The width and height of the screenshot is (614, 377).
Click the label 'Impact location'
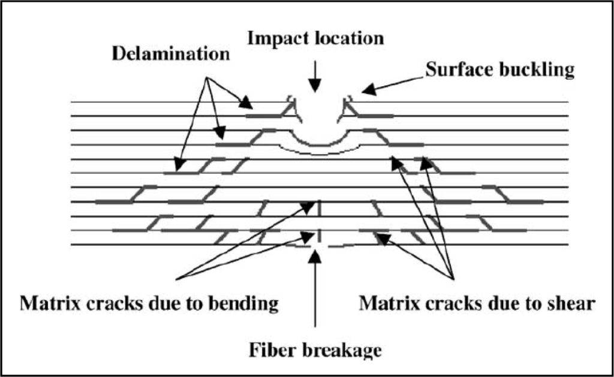click(x=316, y=38)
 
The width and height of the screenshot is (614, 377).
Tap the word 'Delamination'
click(x=171, y=54)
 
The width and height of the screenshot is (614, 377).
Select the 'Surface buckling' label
click(x=501, y=70)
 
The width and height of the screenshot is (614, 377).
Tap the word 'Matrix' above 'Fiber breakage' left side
click(x=46, y=303)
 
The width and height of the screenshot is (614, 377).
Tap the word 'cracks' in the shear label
click(x=438, y=303)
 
